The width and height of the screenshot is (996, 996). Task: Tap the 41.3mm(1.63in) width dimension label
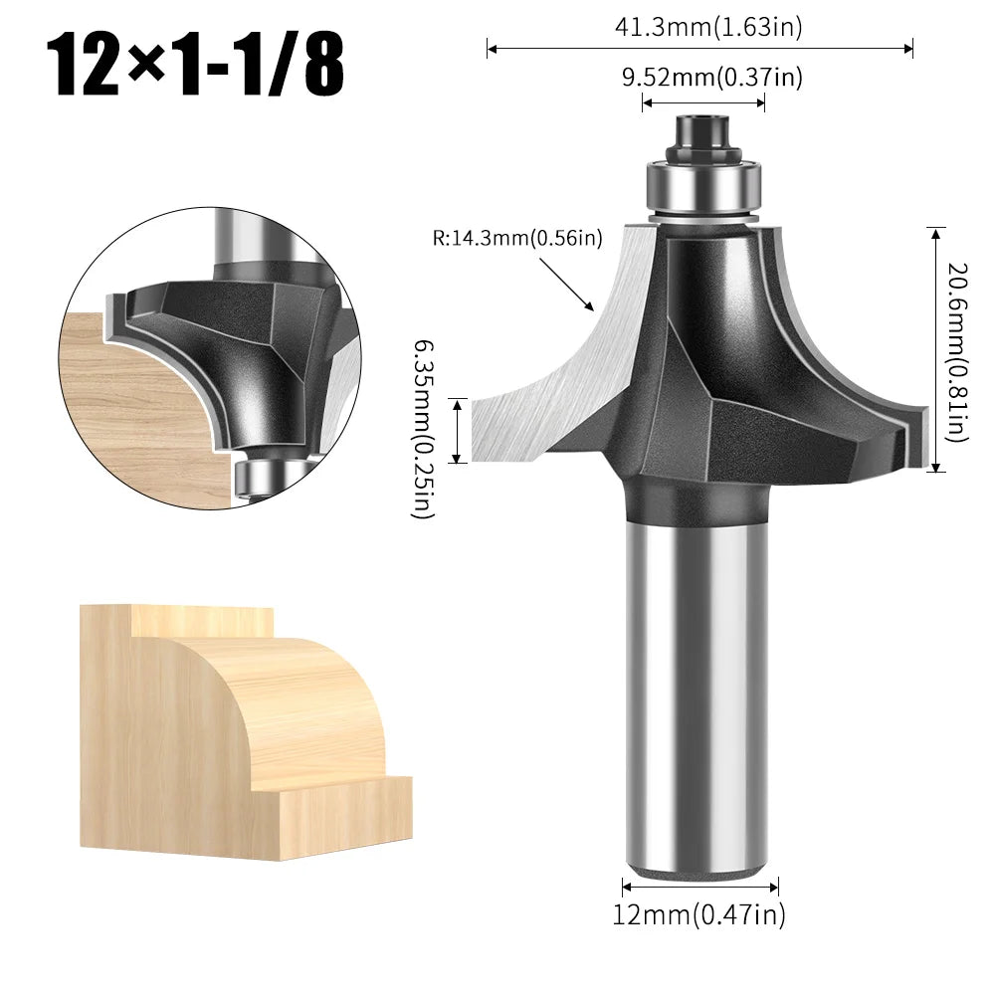pyautogui.click(x=707, y=28)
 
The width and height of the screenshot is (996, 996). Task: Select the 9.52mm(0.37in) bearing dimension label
pyautogui.click(x=712, y=78)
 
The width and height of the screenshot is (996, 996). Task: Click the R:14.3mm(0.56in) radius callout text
pyautogui.click(x=517, y=238)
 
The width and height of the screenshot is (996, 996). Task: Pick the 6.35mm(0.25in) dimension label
pyautogui.click(x=422, y=428)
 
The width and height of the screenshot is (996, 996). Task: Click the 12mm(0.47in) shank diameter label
pyautogui.click(x=698, y=914)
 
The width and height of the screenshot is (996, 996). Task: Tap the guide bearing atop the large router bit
pyautogui.click(x=704, y=185)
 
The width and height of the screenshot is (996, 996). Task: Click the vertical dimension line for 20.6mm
pyautogui.click(x=935, y=348)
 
